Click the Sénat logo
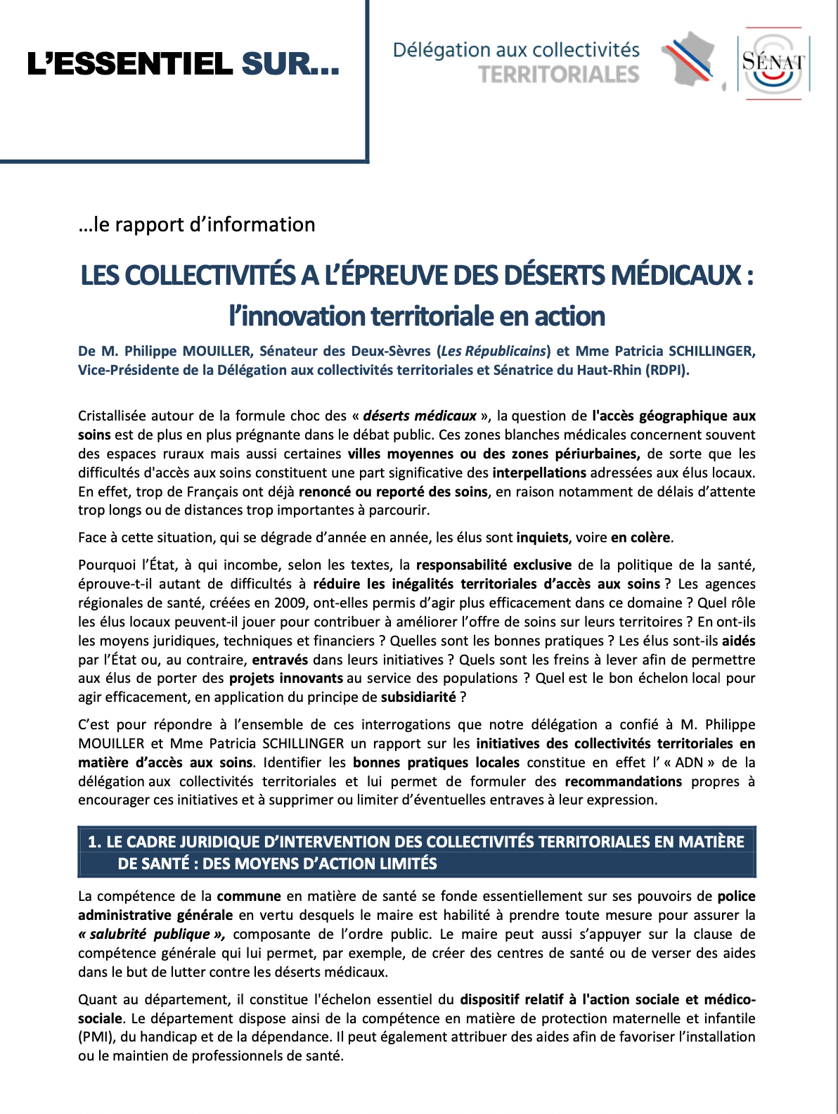point(773,63)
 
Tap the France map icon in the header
point(689,60)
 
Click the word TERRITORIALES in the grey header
point(559,75)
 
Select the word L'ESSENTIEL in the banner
point(130,65)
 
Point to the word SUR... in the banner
point(290,65)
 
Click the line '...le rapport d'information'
point(197,224)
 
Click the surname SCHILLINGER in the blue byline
point(711,351)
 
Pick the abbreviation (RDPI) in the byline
point(667,370)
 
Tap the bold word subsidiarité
point(418,697)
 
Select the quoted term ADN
point(689,762)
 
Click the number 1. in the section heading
point(94,842)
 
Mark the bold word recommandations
point(623,781)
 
